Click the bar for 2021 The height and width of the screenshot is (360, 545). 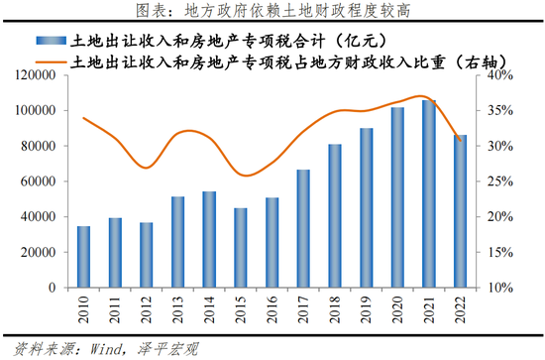pyautogui.click(x=428, y=193)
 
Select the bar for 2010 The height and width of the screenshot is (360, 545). pyautogui.click(x=84, y=256)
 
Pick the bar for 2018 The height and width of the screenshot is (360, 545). pyautogui.click(x=335, y=215)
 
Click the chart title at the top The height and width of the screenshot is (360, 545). pyautogui.click(x=272, y=11)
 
